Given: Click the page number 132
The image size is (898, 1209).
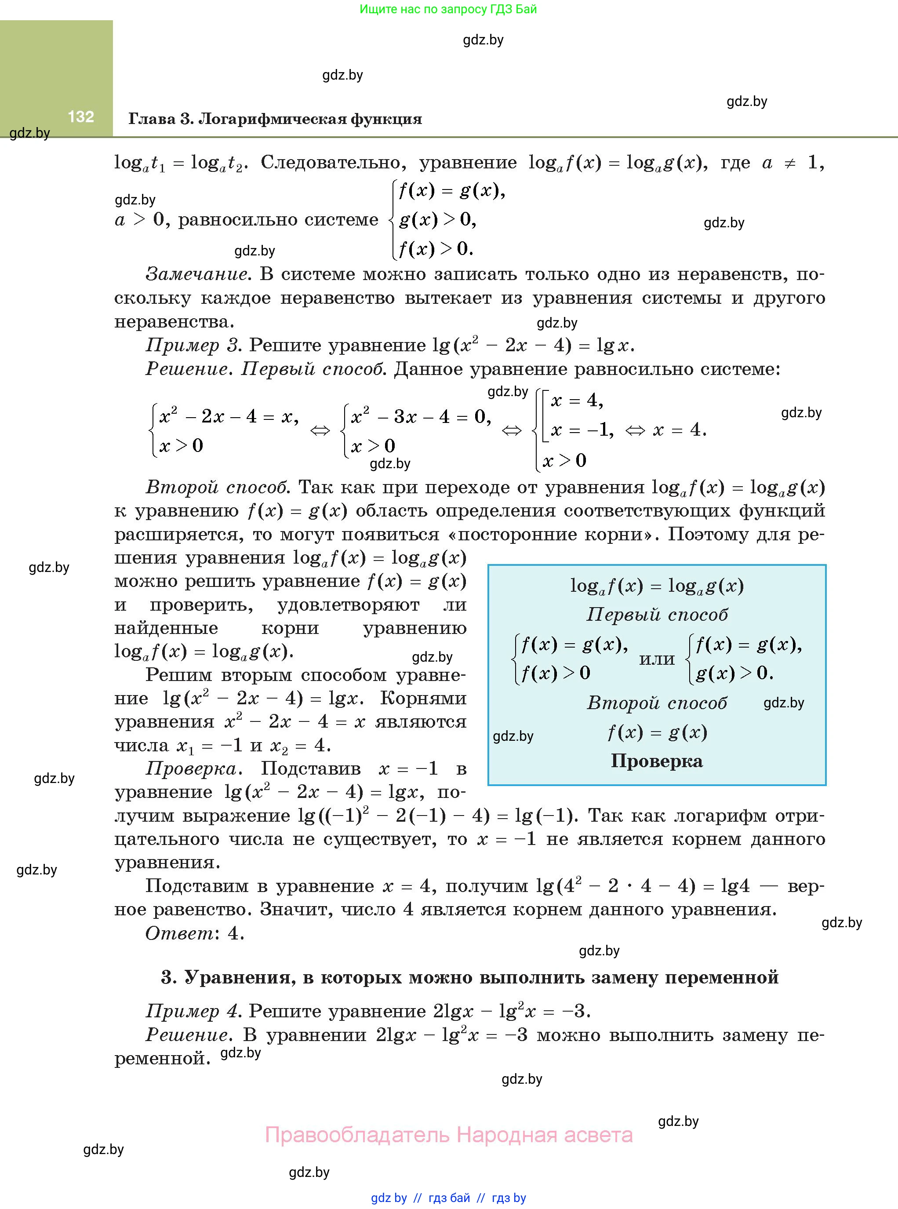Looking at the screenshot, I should click(81, 117).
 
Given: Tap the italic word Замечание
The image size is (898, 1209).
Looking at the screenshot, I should click(198, 274).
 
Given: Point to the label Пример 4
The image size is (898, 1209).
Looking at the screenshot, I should click(193, 1011).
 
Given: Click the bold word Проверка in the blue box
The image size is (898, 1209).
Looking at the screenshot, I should click(656, 761).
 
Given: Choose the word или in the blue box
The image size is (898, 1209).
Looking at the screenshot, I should click(657, 659).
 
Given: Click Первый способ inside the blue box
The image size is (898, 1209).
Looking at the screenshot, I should click(657, 614).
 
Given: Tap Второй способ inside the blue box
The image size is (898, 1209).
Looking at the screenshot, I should click(657, 703).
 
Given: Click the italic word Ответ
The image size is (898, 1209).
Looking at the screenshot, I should click(179, 933).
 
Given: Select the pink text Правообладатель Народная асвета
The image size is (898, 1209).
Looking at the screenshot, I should click(448, 1135).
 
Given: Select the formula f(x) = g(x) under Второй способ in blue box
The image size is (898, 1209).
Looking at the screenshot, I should click(657, 732).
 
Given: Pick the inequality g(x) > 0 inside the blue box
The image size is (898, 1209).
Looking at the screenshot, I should click(734, 673).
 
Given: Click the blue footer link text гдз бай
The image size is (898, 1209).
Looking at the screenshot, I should click(449, 1198).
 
